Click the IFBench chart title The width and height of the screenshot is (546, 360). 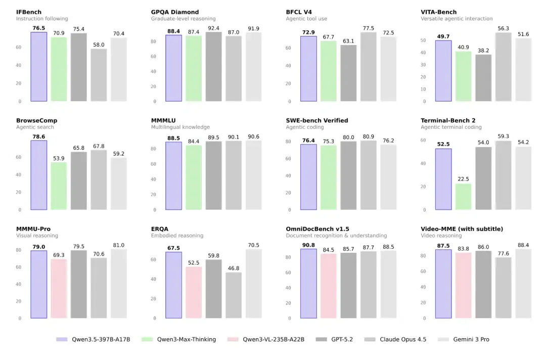point(28,12)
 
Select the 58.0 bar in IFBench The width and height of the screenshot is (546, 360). point(99,75)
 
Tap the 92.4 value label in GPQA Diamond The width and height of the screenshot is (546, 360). point(213,28)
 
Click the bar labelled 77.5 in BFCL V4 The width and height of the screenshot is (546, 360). point(369,67)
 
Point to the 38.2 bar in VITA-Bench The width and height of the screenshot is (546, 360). point(483,78)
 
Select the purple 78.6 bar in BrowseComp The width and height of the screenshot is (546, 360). point(38,175)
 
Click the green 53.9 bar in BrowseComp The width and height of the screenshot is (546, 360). point(59,186)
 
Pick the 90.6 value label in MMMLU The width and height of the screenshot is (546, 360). point(253,137)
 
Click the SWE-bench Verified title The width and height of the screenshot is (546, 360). point(317,120)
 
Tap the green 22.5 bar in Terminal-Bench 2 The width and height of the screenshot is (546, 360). point(464,197)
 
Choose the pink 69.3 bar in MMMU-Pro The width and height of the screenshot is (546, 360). point(59,289)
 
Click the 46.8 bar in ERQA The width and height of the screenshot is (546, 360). point(234,295)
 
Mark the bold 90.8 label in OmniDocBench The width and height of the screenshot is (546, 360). point(308,245)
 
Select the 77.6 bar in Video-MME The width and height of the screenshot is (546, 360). point(504,288)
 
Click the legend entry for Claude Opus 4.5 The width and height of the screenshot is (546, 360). point(395,339)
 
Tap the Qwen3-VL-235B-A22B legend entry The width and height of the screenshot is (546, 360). point(266,339)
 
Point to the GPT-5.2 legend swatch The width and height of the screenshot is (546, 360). point(321,339)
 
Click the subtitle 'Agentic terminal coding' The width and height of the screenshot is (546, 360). point(451,127)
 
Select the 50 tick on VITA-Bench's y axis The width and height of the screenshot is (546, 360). point(423,40)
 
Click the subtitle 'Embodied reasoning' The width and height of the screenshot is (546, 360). point(177,235)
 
